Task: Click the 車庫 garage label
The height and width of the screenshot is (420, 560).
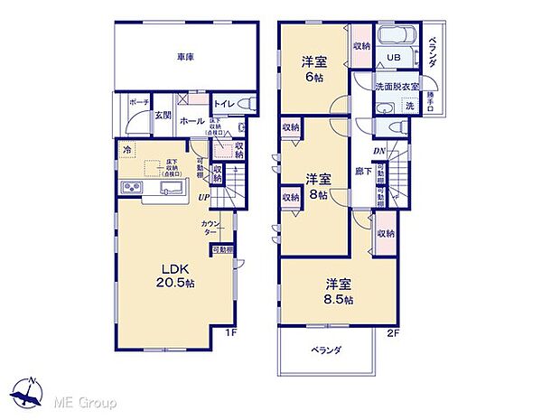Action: (x=185, y=56)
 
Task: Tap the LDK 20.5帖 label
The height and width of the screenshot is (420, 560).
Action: (x=173, y=275)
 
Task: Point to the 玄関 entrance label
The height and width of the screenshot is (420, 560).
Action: (x=163, y=115)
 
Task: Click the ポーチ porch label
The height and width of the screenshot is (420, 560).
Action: (x=138, y=104)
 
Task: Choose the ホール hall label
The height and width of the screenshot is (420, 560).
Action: (x=191, y=121)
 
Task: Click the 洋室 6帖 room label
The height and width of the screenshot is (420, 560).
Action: (x=314, y=69)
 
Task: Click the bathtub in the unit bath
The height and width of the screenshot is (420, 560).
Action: (x=395, y=37)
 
